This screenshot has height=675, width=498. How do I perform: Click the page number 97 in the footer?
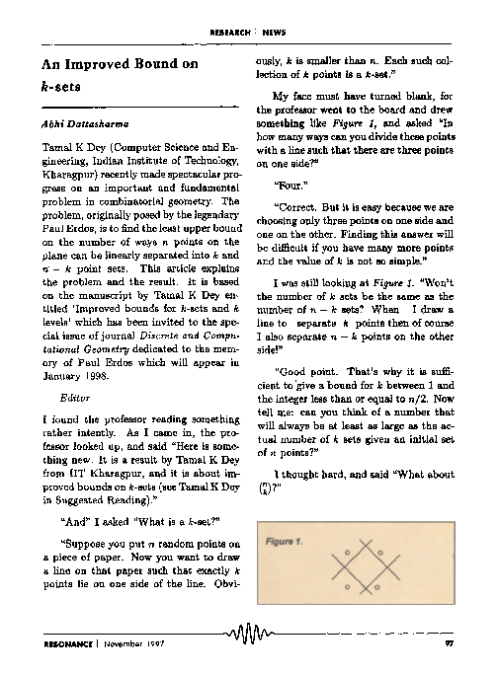(449, 643)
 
